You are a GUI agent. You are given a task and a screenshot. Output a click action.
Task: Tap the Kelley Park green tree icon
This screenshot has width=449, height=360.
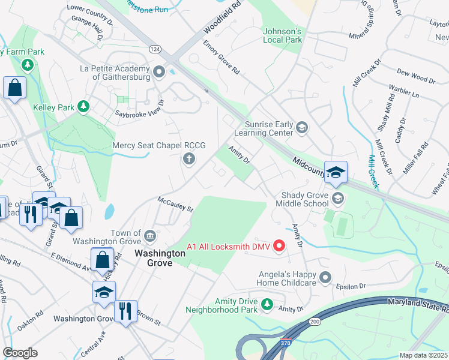click(85, 107)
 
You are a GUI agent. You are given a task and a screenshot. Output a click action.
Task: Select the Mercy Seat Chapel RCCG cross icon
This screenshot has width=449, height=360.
click(188, 158)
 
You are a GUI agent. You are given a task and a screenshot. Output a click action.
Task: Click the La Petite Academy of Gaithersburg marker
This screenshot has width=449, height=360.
click(159, 73)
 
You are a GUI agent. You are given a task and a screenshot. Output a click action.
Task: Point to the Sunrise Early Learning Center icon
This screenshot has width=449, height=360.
click(302, 127)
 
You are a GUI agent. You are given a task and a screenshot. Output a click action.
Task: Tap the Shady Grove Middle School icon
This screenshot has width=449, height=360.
click(338, 198)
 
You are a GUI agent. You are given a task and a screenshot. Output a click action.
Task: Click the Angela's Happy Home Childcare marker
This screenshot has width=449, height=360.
click(325, 277)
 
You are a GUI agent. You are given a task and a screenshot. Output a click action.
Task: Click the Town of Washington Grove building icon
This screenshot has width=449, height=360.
click(150, 233)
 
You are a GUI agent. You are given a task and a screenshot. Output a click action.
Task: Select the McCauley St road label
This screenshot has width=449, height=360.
click(175, 205)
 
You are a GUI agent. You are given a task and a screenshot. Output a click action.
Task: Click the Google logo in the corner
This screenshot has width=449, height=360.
click(20, 353)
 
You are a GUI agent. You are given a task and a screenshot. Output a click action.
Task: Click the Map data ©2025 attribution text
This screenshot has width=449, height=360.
click(423, 355)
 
